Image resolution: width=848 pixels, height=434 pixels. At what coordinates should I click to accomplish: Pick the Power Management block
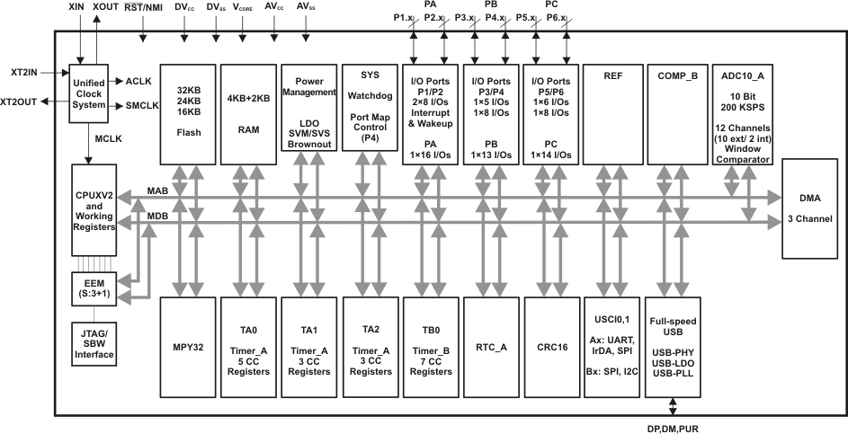(308, 113)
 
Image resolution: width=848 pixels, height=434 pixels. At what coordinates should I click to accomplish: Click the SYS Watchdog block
(370, 113)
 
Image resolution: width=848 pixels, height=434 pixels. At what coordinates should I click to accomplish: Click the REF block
(612, 113)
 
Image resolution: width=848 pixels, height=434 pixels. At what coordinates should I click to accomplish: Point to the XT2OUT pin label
(19, 102)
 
